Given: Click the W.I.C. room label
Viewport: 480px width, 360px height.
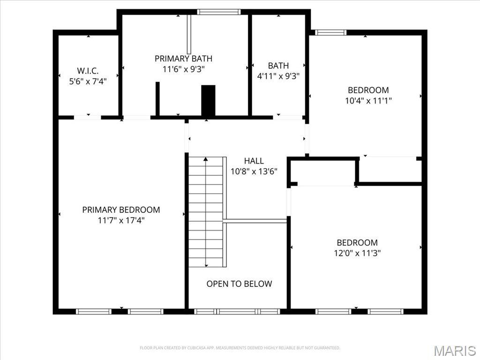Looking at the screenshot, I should tap(88, 71).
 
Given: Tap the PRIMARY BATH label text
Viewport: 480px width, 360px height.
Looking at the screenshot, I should tap(183, 59).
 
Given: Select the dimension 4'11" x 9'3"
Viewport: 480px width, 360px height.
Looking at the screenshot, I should tap(278, 75).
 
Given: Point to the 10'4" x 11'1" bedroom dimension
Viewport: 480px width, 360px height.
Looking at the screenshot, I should tap(368, 100).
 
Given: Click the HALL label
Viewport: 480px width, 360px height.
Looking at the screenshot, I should tap(254, 161).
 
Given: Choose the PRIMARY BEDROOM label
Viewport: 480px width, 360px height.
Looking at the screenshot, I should tap(121, 210).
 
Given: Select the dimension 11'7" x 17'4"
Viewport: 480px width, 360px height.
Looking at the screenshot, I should tap(121, 220).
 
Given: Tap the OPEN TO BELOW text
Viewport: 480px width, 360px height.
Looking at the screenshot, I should tap(239, 284).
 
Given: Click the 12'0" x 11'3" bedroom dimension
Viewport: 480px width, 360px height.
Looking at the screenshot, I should tap(357, 253).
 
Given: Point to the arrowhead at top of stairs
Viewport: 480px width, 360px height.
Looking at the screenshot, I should tap(206, 160).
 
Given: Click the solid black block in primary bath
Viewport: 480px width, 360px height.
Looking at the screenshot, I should tap(208, 100).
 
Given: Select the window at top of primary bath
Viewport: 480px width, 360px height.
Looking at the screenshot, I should tap(218, 12).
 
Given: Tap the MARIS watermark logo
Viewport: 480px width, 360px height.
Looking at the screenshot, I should tap(454, 350).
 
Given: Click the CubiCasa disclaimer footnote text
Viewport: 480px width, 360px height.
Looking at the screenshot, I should tap(240, 348).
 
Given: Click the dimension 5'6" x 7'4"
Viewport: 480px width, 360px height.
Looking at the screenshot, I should tap(88, 81).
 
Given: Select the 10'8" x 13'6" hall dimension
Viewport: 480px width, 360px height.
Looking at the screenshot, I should tap(254, 171).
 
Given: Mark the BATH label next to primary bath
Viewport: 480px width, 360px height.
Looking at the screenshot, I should tap(278, 66).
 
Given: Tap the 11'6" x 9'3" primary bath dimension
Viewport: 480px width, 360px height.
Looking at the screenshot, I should tap(183, 68).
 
